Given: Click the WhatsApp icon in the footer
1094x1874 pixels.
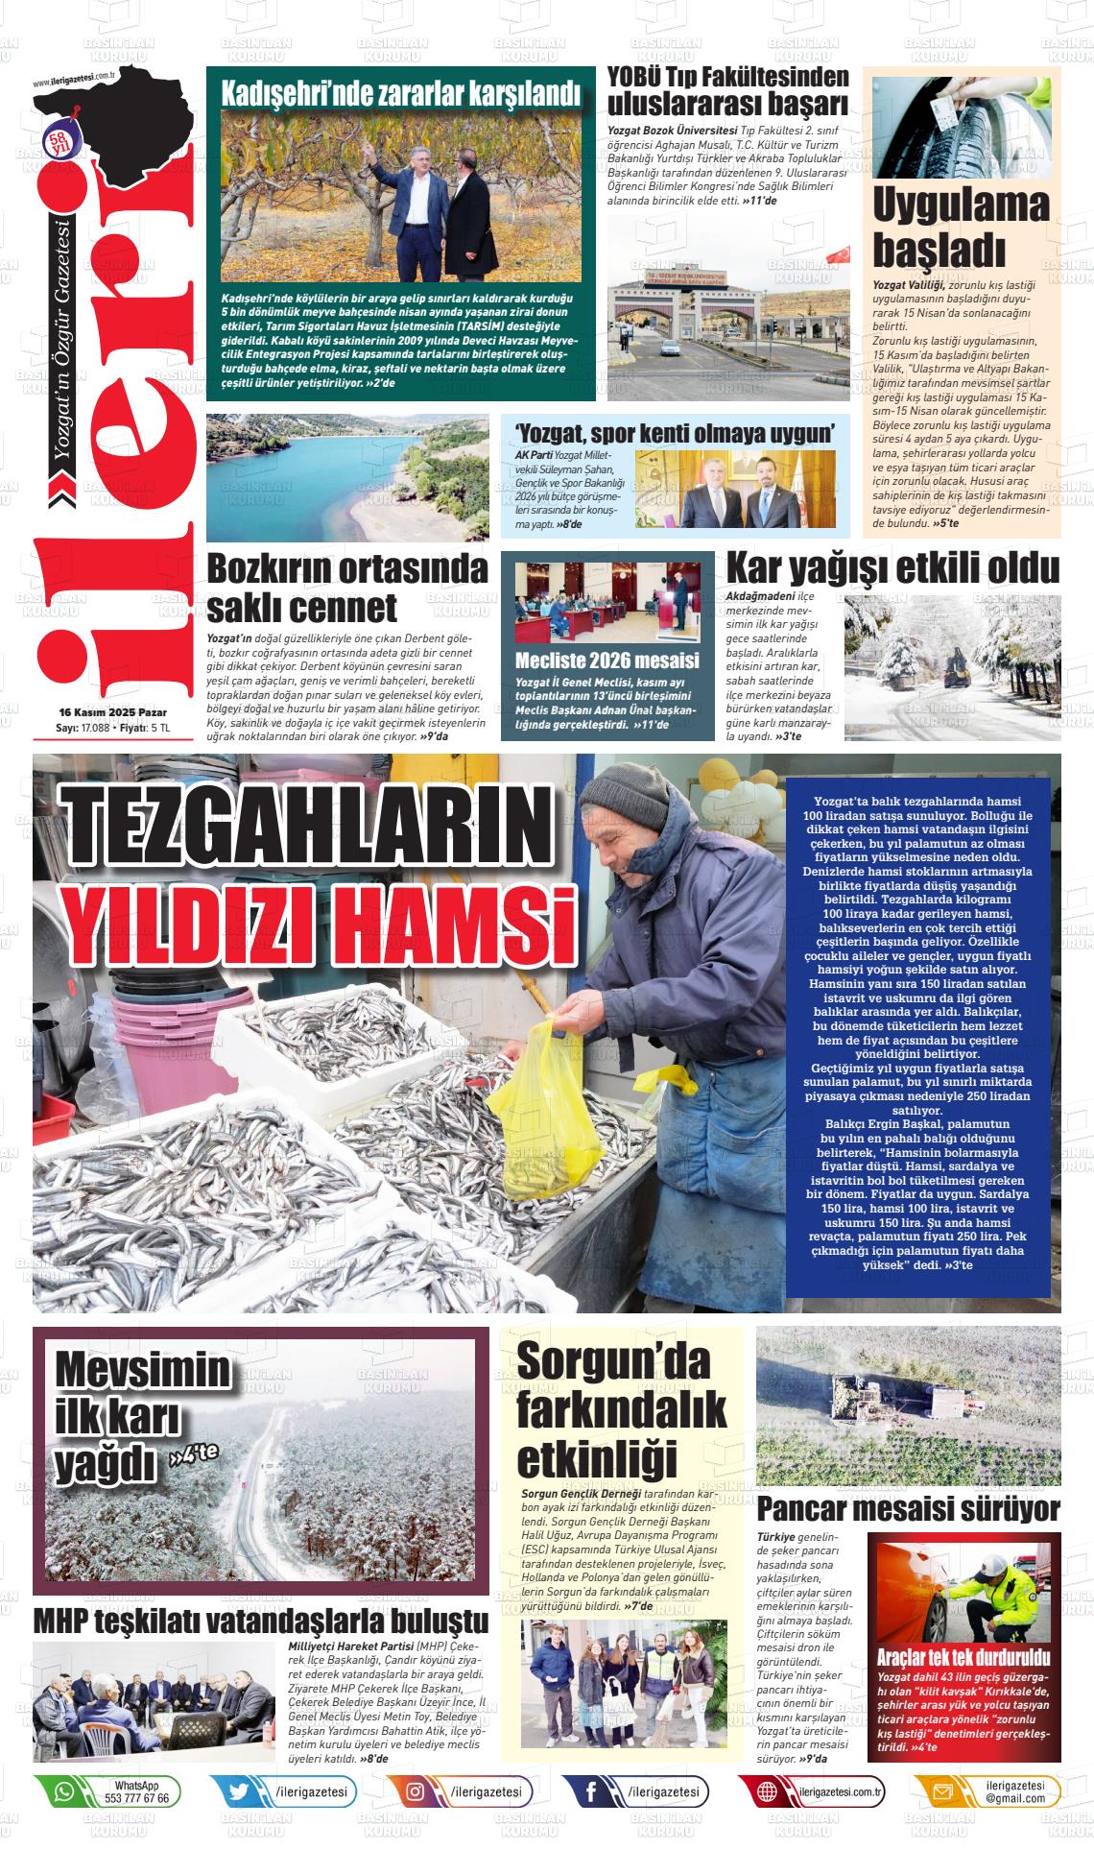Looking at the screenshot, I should tap(64, 1791).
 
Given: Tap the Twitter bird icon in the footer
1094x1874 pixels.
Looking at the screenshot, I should tap(239, 1791).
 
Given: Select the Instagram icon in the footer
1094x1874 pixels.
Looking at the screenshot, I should tap(416, 1791).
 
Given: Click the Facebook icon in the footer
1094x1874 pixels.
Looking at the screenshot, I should tap(590, 1791).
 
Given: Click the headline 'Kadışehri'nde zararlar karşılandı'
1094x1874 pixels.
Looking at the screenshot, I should tap(401, 95).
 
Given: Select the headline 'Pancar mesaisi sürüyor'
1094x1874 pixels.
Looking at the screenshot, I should tap(908, 1509).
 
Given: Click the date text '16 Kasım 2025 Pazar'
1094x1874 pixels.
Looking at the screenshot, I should tap(113, 712).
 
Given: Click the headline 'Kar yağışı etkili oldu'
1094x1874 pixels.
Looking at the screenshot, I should tap(892, 568).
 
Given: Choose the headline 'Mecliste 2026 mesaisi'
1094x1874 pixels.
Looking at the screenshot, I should tap(606, 661).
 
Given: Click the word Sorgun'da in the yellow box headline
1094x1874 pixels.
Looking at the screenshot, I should tap(612, 1362).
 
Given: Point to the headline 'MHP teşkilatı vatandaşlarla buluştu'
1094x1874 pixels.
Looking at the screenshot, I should tap(261, 1621).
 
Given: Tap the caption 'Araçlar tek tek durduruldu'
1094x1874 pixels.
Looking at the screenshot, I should tap(963, 1658).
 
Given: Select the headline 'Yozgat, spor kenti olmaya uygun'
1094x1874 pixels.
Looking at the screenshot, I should tap(675, 432).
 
